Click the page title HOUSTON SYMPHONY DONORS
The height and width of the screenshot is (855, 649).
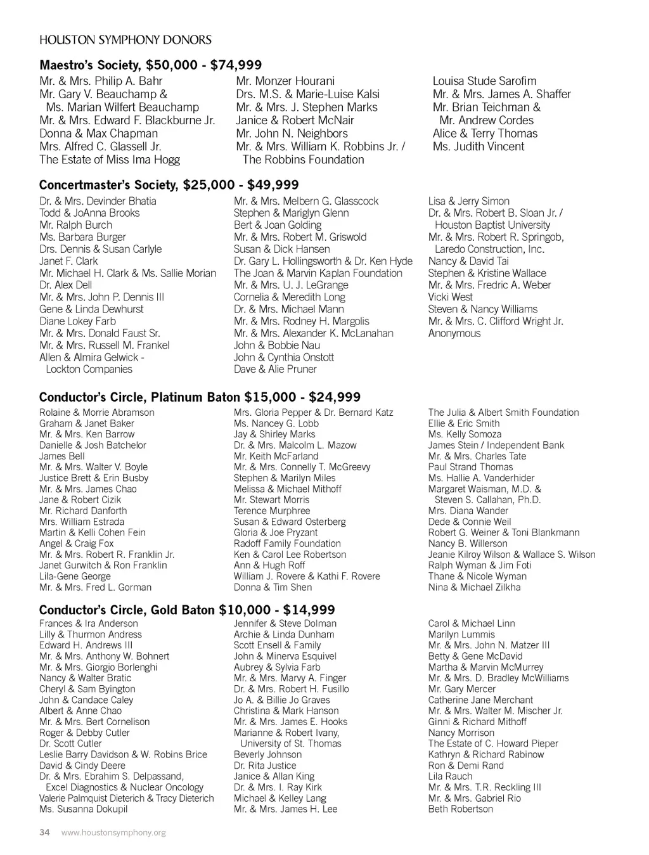point(125,40)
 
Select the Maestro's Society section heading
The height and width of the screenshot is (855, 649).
point(150,65)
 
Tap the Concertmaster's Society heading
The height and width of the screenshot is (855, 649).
point(169,184)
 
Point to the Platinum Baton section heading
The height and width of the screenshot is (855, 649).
point(200,397)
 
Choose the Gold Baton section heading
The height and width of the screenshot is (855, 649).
point(187,610)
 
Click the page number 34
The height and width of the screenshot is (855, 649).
point(44,832)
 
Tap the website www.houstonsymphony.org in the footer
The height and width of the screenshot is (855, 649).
point(113,832)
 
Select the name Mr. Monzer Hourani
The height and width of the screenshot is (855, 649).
point(285,81)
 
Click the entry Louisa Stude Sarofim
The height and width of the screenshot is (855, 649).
point(484,81)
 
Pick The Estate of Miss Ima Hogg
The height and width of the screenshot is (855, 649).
point(110,160)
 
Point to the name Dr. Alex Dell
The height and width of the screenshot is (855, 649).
point(65,285)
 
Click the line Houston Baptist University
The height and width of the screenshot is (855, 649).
point(492,225)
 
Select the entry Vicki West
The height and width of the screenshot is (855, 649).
point(450,297)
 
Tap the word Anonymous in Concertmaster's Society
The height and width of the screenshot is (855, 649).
point(454,333)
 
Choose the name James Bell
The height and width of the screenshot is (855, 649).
point(61,456)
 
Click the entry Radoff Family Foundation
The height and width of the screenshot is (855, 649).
point(287,544)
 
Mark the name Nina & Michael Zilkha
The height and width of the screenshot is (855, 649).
point(474,588)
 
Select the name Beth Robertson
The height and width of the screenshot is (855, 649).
point(460,809)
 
